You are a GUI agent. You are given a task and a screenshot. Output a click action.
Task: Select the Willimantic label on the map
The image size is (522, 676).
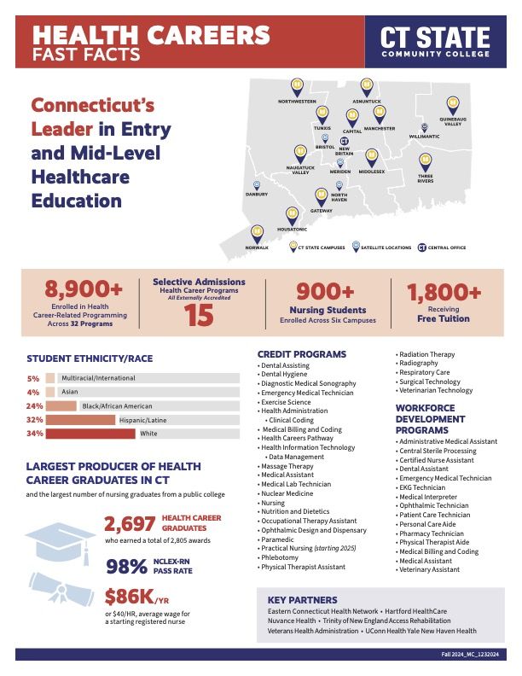coord(424,137)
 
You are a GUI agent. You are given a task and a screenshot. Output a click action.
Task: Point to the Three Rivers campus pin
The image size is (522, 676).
coord(426,161)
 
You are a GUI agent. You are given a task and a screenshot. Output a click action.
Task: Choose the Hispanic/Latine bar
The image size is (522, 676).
coord(80,420)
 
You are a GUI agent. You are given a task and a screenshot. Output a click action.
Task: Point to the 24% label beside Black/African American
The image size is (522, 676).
coord(35,406)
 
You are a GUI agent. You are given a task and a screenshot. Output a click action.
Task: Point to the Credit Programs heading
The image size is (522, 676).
coord(302,353)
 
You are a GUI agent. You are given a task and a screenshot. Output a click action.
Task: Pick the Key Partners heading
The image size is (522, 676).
coord(302,599)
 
